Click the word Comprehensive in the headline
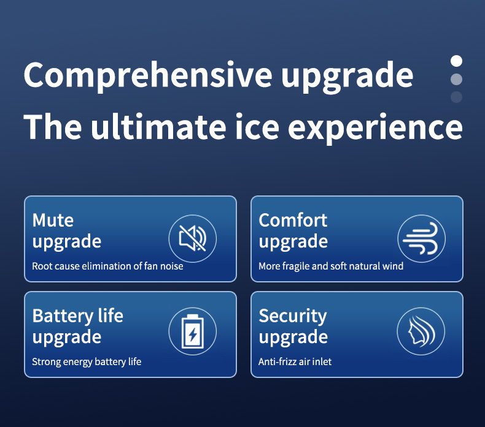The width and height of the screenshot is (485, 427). pyautogui.click(x=147, y=75)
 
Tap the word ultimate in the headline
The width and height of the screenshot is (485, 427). pyautogui.click(x=158, y=127)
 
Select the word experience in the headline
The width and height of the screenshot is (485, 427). pyautogui.click(x=375, y=129)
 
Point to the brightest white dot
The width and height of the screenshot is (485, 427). pyautogui.click(x=457, y=61)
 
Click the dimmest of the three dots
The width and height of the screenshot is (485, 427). pyautogui.click(x=457, y=97)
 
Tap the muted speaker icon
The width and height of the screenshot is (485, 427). pyautogui.click(x=193, y=238)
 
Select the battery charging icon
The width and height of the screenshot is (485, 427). pyautogui.click(x=193, y=331)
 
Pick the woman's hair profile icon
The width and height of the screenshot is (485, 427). pyautogui.click(x=421, y=331)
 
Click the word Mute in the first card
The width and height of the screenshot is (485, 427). pyautogui.click(x=53, y=221)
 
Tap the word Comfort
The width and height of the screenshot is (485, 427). pyautogui.click(x=293, y=221)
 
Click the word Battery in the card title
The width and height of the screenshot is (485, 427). pyautogui.click(x=63, y=316)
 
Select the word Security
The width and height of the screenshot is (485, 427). pyautogui.click(x=293, y=316)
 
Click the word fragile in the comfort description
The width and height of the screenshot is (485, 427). pyautogui.click(x=296, y=266)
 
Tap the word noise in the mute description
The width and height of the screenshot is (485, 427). pyautogui.click(x=171, y=266)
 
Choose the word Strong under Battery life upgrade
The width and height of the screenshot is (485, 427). pyautogui.click(x=47, y=362)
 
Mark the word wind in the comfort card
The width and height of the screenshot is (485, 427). pyautogui.click(x=393, y=266)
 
